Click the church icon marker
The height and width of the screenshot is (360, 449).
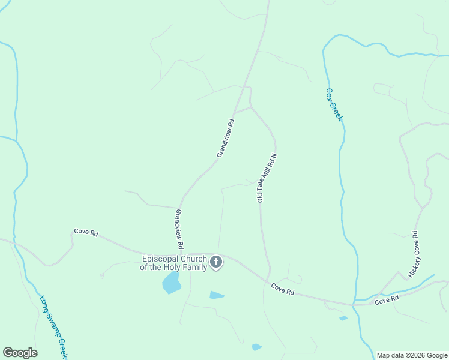(216, 262)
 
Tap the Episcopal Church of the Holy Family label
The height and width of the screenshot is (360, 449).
(173, 263)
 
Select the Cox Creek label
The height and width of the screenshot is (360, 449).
(334, 105)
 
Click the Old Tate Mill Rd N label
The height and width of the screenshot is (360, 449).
(267, 178)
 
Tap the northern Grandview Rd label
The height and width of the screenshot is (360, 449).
(226, 138)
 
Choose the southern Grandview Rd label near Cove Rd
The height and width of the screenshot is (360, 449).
(179, 229)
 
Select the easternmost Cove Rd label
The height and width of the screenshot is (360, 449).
(387, 299)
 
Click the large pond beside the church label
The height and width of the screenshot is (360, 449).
(172, 283)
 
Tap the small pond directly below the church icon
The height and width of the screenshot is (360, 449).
(217, 295)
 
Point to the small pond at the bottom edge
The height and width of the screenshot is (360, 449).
(257, 347)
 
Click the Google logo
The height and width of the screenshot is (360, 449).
(20, 353)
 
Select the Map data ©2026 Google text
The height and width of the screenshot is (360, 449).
(411, 355)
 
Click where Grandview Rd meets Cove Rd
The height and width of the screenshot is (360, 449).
(180, 253)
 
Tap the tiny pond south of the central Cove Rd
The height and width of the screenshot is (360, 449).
(343, 318)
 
